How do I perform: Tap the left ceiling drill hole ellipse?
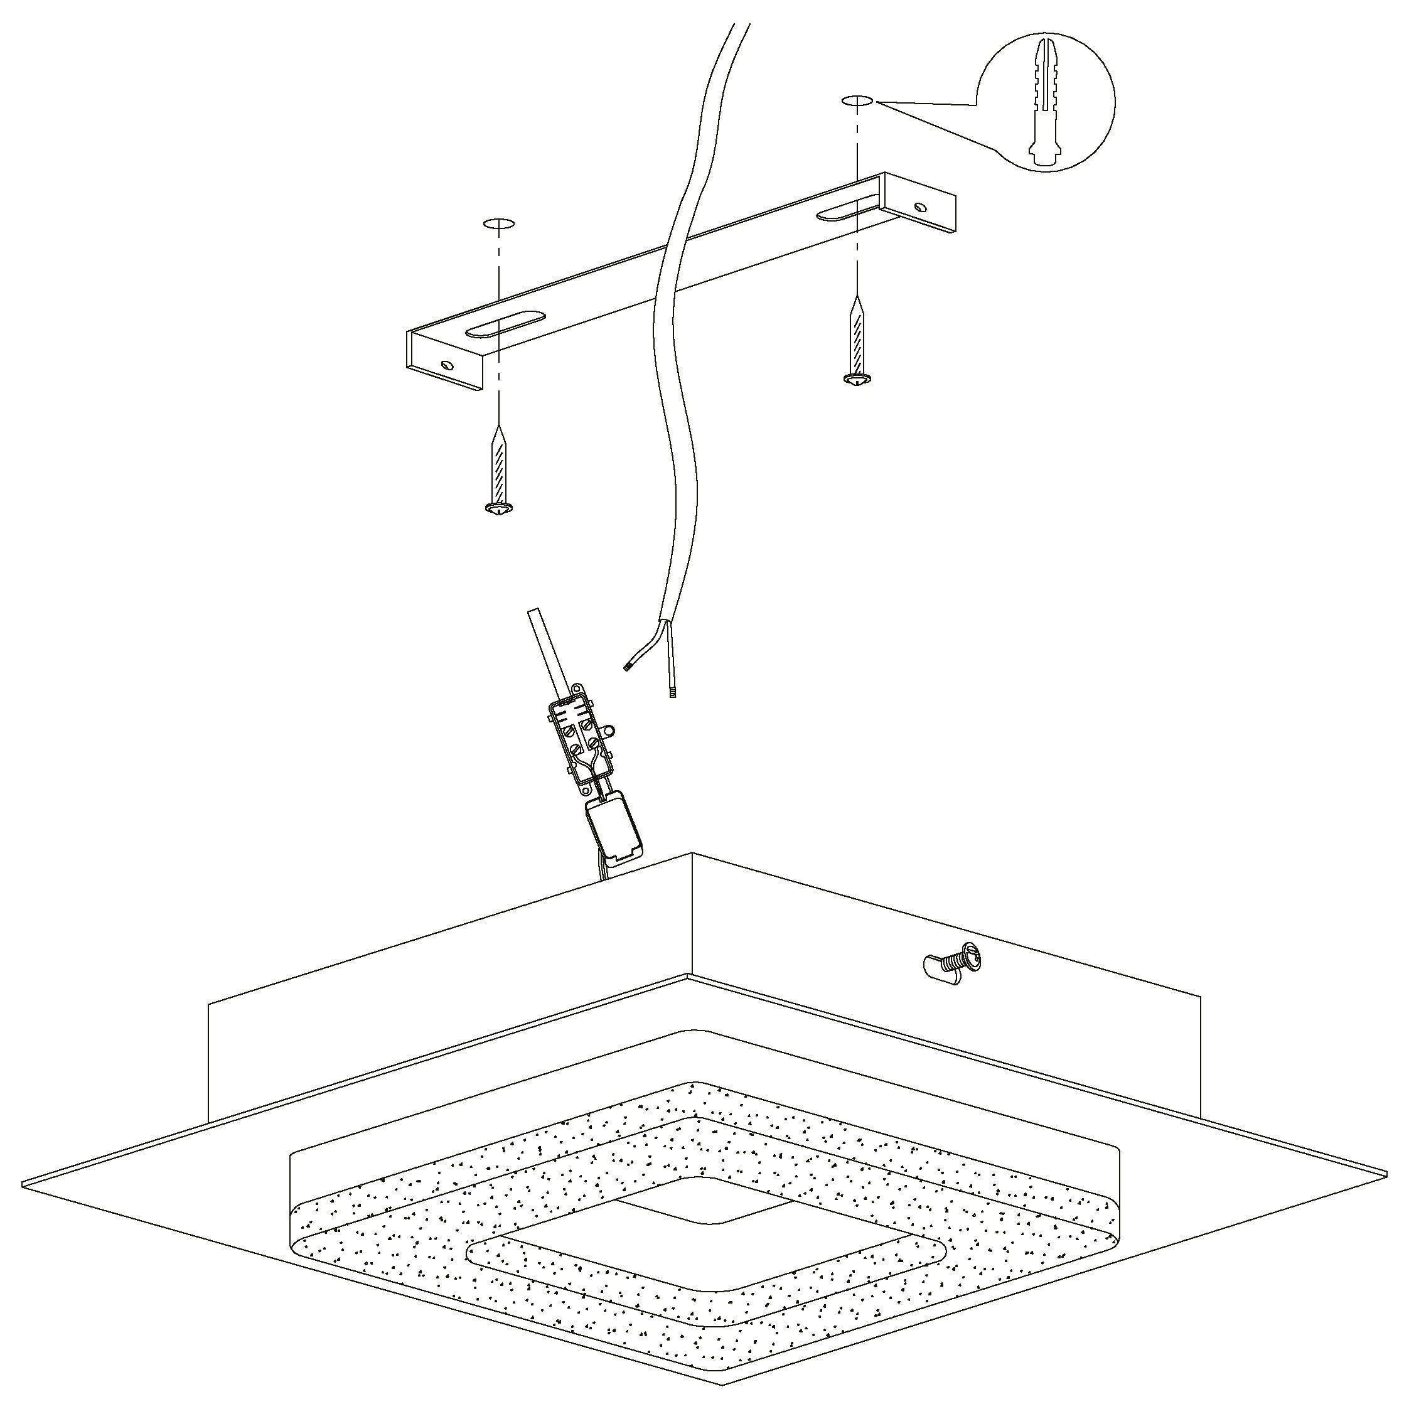[x=499, y=222]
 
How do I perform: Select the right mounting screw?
[x=858, y=339]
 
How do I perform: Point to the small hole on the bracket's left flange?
[x=446, y=364]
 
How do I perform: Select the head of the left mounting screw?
[x=499, y=508]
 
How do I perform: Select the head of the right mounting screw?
[x=858, y=378]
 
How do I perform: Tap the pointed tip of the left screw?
[x=499, y=432]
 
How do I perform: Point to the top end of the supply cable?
[x=738, y=29]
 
